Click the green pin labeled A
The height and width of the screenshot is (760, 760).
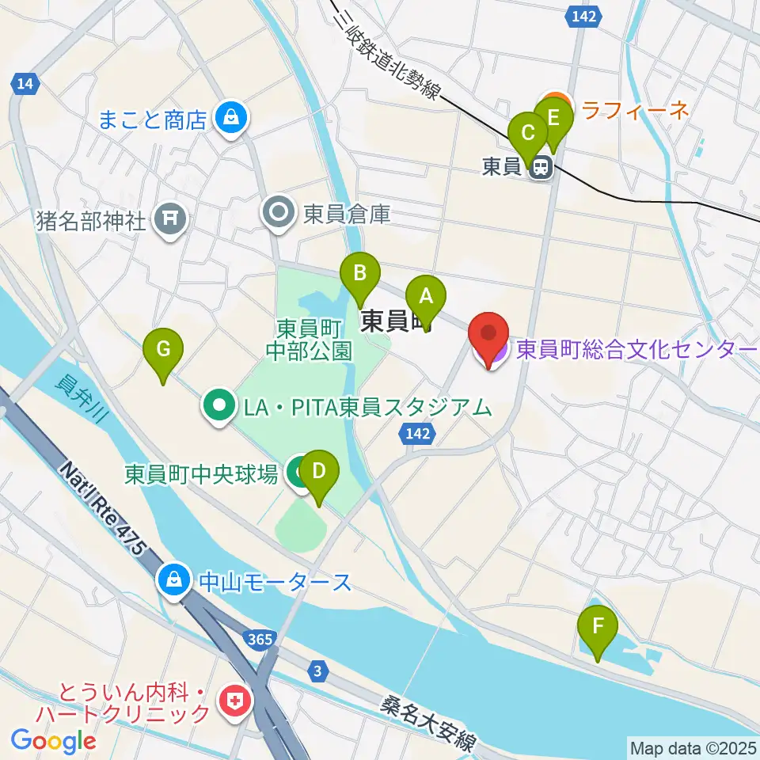click(x=426, y=298)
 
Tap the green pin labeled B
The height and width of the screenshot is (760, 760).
click(x=359, y=274)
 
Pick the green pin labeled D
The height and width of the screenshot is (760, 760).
click(x=319, y=473)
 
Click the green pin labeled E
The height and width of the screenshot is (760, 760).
click(x=553, y=120)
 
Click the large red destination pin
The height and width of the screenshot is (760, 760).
click(x=489, y=336)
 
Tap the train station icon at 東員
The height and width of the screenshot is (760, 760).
click(x=541, y=168)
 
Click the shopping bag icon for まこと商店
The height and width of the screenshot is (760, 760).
click(x=230, y=120)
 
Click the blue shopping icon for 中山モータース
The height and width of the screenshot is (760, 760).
click(x=172, y=582)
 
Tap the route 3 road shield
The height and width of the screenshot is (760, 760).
click(x=317, y=671)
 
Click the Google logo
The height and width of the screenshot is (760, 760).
click(x=53, y=740)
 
